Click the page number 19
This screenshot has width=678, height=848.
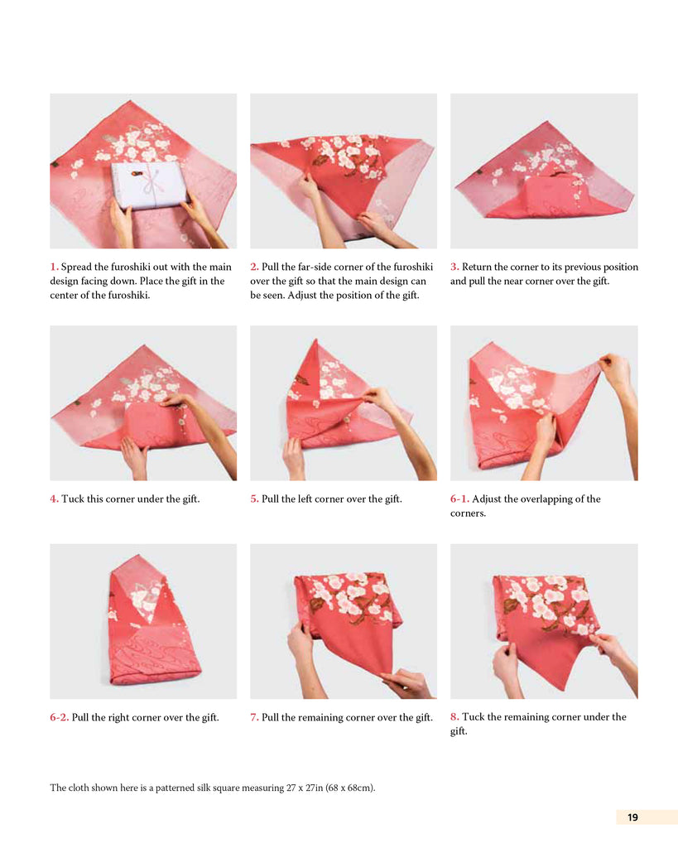coord(632,817)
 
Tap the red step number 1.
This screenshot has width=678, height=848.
coord(54,267)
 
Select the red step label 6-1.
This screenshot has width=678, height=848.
coord(459,499)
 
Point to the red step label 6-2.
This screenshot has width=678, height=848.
coord(60,717)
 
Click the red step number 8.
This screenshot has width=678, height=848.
coord(454,716)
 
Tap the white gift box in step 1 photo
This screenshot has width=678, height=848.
coord(147,185)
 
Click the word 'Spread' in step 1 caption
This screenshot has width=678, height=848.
coord(76,267)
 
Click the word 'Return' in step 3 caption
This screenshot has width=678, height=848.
coord(477,267)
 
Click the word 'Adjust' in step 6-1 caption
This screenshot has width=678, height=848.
coord(487,499)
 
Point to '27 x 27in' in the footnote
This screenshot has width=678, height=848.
coord(305,788)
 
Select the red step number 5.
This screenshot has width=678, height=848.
coord(254,499)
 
